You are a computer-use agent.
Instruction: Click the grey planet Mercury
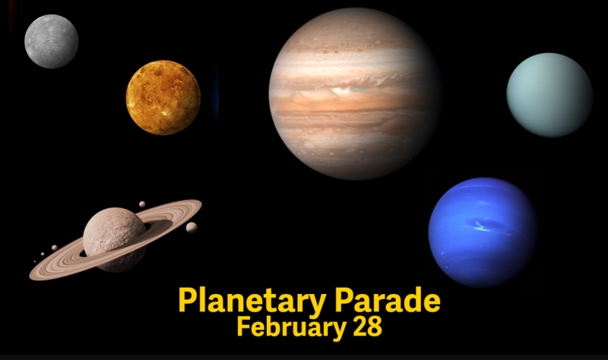(51, 41)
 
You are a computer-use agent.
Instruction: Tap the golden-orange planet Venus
(163, 97)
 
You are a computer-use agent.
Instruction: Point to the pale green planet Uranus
(549, 95)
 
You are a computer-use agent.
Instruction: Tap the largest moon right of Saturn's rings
(192, 227)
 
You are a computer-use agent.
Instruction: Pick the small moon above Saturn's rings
(142, 204)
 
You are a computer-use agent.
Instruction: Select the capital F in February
(243, 327)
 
